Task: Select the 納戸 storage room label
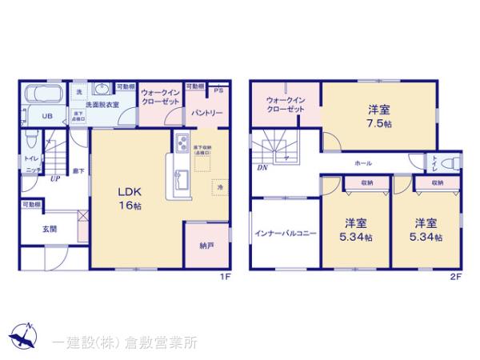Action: pyautogui.click(x=206, y=245)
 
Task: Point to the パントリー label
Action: pyautogui.click(x=206, y=114)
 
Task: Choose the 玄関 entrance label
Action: pyautogui.click(x=50, y=229)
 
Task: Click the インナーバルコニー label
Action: pyautogui.click(x=286, y=233)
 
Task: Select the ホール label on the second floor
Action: pyautogui.click(x=363, y=163)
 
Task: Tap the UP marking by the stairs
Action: pyautogui.click(x=54, y=178)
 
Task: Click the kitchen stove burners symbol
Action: pyautogui.click(x=181, y=144)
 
